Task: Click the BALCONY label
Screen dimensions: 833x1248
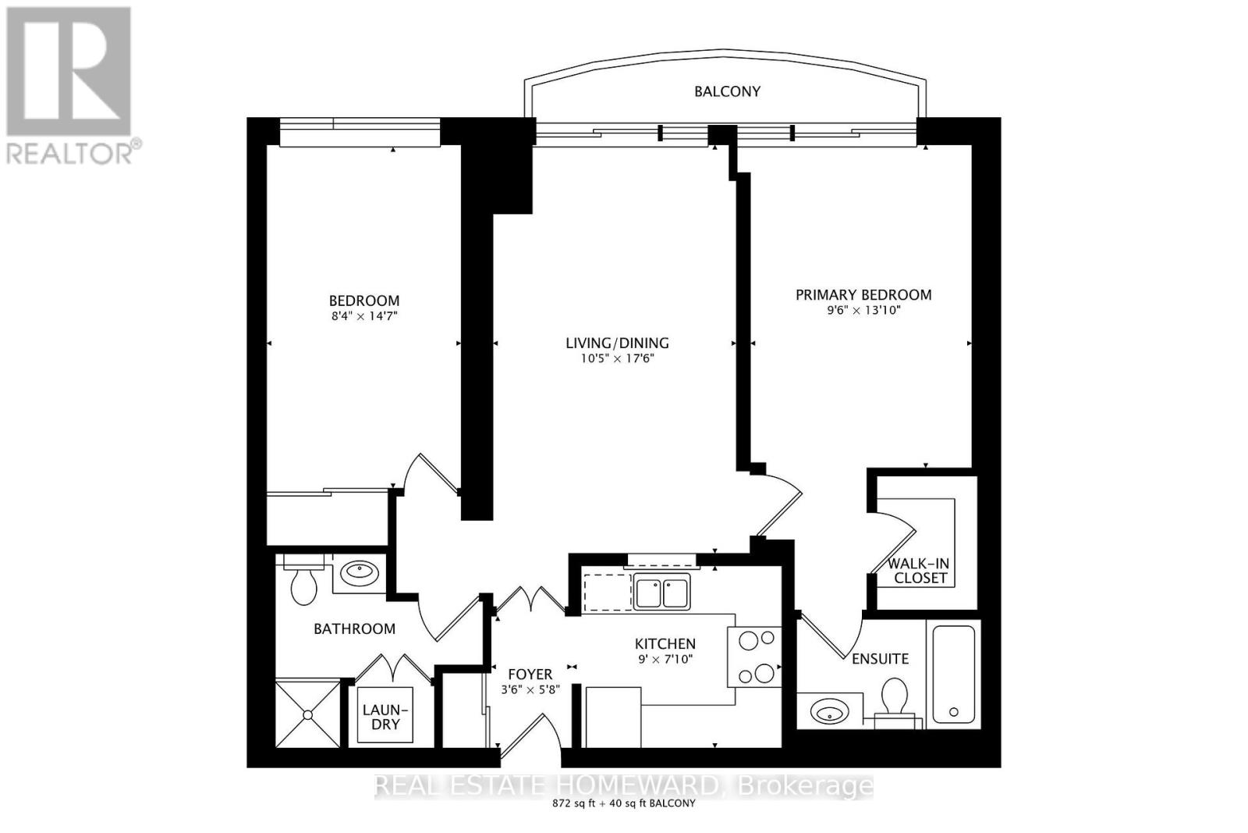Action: coord(727,91)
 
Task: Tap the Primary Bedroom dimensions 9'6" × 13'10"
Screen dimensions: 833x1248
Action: coord(863,310)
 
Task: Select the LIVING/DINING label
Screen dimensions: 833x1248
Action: coord(617,343)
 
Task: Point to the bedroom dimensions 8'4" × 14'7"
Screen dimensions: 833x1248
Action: coord(363,316)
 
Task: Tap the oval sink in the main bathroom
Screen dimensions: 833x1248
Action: coord(360,573)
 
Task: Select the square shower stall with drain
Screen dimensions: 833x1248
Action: coord(308,714)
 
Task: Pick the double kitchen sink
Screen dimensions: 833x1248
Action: coord(661,592)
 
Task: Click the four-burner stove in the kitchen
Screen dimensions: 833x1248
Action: coord(754,657)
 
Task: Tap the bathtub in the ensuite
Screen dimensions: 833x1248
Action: coord(953,673)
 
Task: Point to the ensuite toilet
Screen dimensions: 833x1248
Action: coord(895,700)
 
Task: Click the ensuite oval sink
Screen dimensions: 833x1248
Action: coord(828,711)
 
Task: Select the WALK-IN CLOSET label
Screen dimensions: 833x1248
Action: coord(920,571)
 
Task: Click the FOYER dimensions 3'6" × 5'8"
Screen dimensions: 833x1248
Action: coord(527,689)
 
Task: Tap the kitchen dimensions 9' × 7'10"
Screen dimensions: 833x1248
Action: coord(665,659)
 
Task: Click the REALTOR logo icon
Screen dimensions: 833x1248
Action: coord(69,72)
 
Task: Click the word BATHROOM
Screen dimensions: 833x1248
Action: coord(354,628)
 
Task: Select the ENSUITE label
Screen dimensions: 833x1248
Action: coord(880,659)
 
